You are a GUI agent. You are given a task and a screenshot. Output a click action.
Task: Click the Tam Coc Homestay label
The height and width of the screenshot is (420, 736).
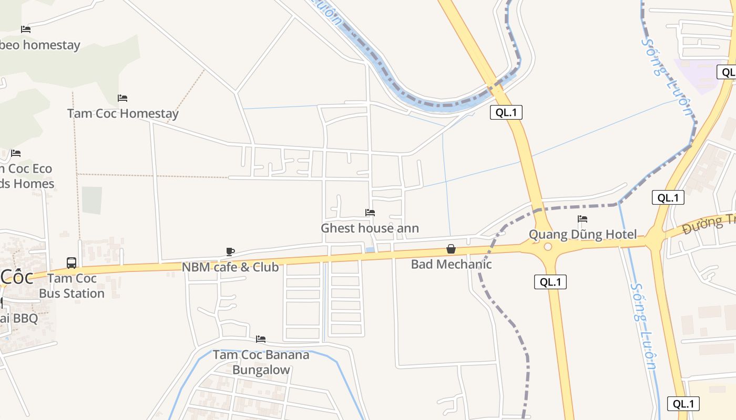(122, 113)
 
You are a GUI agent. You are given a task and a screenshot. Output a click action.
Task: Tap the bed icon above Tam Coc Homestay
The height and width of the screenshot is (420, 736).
(122, 98)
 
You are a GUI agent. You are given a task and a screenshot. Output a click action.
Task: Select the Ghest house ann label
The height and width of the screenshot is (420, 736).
(370, 228)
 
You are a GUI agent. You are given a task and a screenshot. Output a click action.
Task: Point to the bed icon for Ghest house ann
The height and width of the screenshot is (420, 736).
(370, 213)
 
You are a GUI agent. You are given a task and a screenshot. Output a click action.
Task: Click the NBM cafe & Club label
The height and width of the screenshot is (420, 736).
(230, 267)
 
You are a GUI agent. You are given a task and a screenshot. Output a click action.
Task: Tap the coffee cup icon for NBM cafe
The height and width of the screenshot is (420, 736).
(230, 251)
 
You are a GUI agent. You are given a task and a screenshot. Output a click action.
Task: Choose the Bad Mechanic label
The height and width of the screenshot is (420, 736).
(451, 264)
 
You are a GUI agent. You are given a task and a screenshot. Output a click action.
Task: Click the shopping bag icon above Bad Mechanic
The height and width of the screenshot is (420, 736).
(451, 249)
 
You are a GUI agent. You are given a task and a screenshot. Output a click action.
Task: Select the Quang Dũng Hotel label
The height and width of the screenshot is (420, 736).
(582, 235)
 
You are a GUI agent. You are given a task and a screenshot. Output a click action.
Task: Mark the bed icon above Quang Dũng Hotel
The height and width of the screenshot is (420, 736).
(582, 219)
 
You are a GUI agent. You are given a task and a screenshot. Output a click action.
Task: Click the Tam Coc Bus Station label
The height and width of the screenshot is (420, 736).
(71, 286)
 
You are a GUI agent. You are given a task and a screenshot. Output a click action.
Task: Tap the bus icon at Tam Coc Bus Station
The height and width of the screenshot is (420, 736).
(71, 262)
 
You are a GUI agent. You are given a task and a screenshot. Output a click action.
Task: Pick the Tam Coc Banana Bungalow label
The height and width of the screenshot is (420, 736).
(261, 362)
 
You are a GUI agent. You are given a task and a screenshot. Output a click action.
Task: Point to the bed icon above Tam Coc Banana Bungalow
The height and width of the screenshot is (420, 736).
(261, 339)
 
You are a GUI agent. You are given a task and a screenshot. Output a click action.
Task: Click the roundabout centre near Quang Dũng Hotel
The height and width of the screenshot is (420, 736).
(548, 247)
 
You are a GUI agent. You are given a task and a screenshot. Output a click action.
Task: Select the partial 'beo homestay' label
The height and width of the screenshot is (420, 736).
(40, 45)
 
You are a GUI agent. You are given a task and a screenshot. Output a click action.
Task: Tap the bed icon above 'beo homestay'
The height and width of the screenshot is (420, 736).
(26, 29)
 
